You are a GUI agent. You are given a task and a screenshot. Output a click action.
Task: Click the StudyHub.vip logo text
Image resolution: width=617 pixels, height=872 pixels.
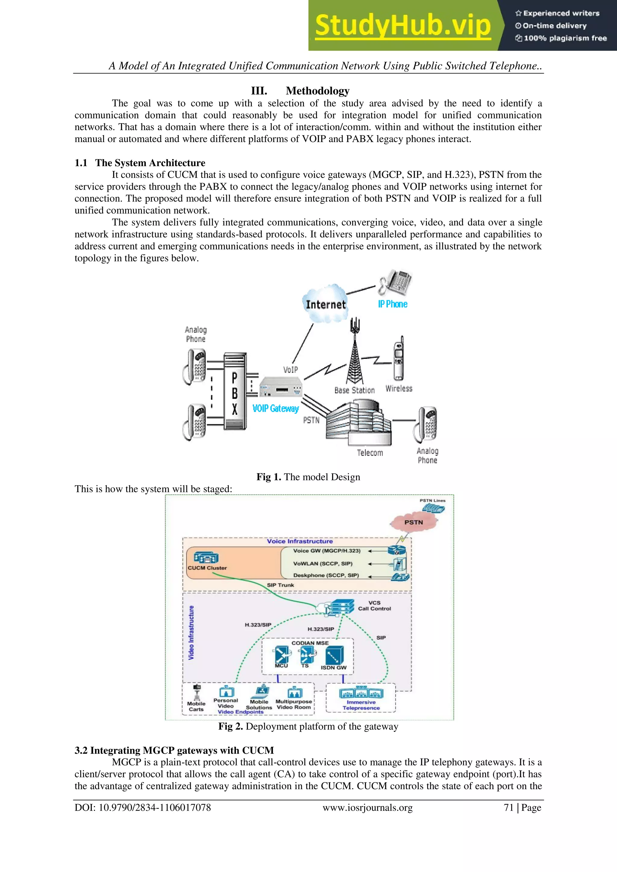point(403,26)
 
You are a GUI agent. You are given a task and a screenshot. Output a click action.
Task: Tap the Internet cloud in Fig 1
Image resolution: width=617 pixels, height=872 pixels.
point(326,304)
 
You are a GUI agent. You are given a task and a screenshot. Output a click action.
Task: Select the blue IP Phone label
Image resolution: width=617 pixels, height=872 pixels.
point(393,304)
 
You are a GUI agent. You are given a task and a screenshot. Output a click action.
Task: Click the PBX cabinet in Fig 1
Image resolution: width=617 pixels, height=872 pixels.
point(234,391)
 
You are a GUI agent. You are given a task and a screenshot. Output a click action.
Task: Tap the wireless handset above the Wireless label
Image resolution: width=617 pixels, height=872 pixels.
point(398,359)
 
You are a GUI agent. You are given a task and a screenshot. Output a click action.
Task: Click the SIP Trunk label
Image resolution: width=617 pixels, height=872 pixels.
point(280,585)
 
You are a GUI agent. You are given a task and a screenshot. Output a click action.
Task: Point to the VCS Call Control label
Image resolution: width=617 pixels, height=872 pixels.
point(374,606)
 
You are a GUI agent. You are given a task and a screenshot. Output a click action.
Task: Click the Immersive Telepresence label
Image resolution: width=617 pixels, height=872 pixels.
point(361,705)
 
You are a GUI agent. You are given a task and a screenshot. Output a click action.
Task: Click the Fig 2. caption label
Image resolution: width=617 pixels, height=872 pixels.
point(230,726)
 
